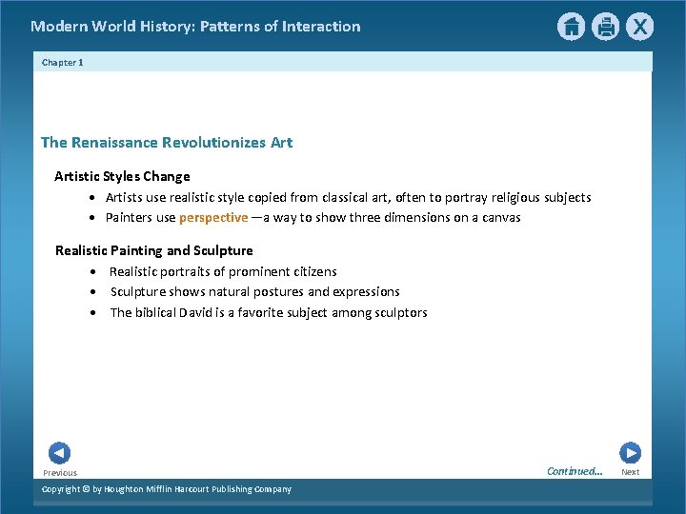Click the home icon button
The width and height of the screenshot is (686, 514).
coord(571,27)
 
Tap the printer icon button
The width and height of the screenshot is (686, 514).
coord(605,27)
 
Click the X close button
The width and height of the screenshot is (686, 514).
coord(640,27)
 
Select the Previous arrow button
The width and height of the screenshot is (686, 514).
coord(59,453)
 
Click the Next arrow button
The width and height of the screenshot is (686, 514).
coord(630,453)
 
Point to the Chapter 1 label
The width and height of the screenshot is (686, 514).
coord(63,62)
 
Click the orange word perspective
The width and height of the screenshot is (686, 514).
coord(213,218)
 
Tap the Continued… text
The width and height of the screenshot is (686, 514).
coord(575,471)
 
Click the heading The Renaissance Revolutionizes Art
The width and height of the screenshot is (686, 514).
coord(167,143)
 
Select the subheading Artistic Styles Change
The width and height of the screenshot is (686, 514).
coord(122,176)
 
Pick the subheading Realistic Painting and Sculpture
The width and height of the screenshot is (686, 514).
coord(154,250)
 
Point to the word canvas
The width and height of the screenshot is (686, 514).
coord(500,218)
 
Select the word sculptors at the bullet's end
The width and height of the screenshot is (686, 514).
coord(399,313)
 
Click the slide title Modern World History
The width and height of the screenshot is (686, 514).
coord(195,27)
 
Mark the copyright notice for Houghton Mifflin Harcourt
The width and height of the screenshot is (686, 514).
coord(167,489)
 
